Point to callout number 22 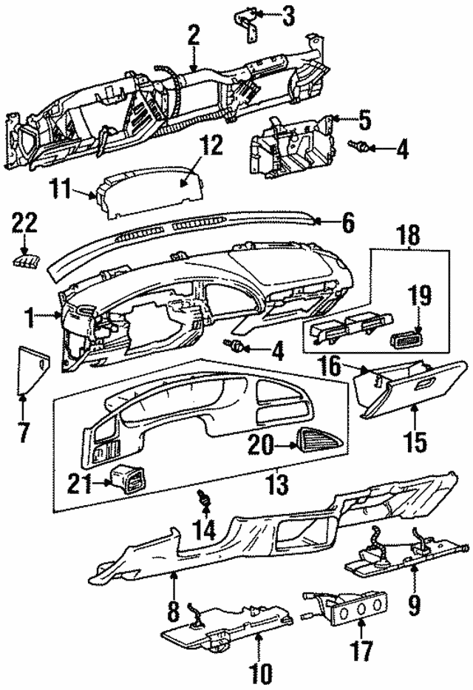pyautogui.click(x=24, y=223)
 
